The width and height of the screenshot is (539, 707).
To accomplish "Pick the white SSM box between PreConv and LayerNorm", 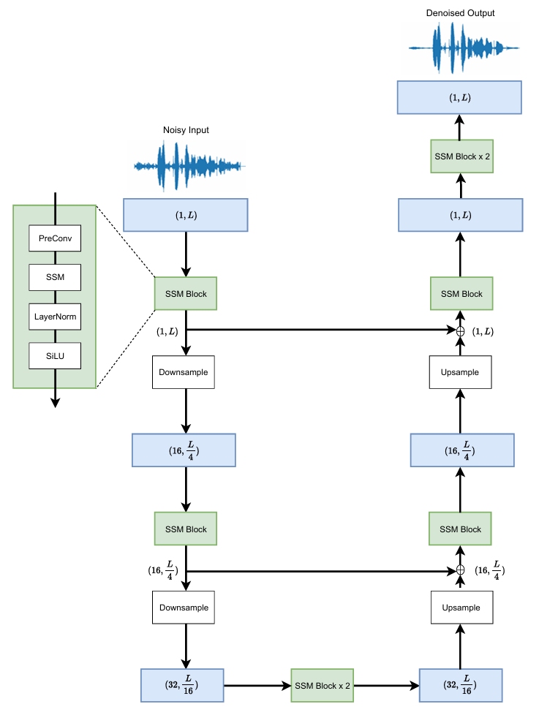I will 54,278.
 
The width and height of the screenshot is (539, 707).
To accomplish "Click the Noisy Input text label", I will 186,131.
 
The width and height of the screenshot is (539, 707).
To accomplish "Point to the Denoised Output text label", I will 459,13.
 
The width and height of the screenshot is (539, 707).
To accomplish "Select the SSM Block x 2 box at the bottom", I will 323,686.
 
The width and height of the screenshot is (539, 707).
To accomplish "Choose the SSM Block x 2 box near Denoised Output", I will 461,156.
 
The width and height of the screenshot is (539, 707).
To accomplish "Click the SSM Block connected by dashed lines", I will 185,294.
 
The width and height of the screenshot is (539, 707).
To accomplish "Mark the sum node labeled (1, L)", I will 461,331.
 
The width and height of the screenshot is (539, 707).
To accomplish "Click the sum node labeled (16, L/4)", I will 461,570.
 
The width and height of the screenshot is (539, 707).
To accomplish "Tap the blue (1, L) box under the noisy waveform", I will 186,215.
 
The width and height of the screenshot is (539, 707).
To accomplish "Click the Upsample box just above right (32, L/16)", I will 461,608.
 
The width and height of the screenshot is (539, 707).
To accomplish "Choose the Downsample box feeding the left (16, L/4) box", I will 185,372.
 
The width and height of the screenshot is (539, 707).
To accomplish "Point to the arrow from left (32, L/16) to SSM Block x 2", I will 257,686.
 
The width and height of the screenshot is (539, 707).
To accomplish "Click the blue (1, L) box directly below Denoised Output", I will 459,97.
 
